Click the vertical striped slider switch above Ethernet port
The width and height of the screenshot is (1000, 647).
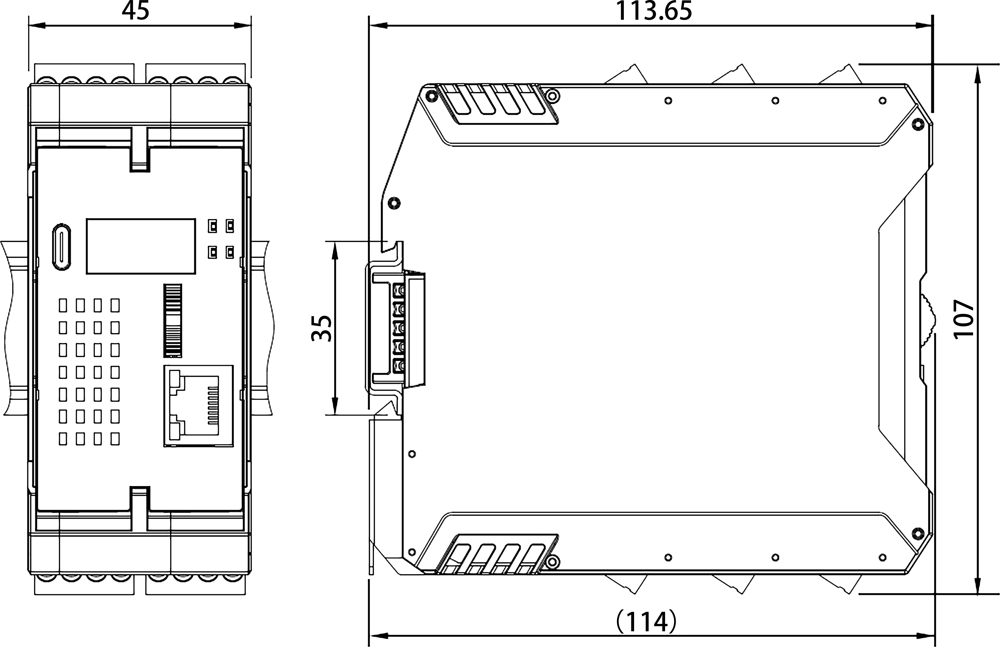(173, 320)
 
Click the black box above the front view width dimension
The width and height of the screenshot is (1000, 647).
(135, 10)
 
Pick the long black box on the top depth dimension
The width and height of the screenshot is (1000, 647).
(654, 10)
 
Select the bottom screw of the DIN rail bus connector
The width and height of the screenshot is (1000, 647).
(399, 365)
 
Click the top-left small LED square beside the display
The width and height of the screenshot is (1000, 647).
(213, 226)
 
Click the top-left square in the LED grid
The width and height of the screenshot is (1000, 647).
(63, 305)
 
